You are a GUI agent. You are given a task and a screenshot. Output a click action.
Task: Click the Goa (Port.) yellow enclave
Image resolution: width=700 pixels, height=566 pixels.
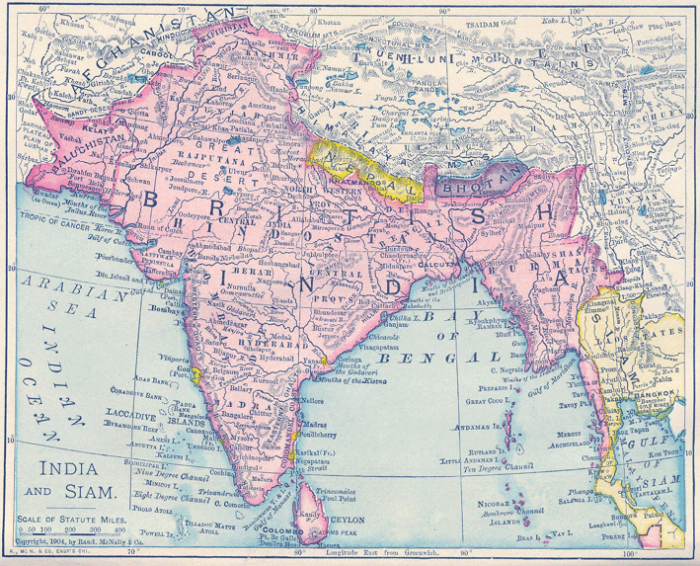coord(197,375)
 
